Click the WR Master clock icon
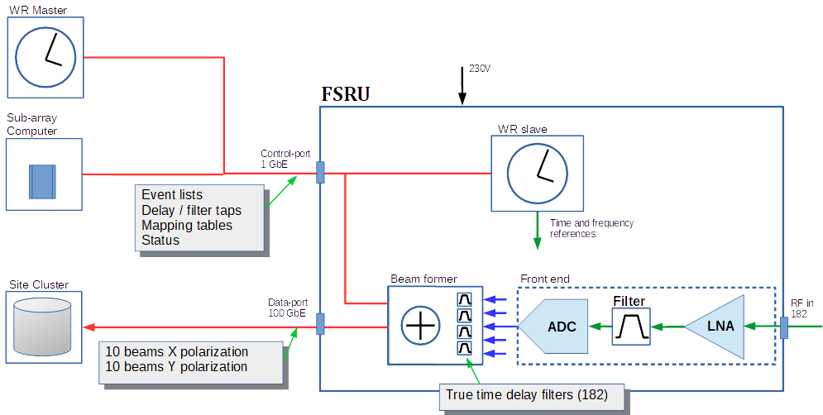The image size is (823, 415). [x=46, y=51]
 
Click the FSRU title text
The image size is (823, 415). [x=345, y=93]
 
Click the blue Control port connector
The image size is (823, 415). [x=321, y=173]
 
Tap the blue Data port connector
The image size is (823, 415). [x=321, y=324]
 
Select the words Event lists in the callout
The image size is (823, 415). [x=171, y=195]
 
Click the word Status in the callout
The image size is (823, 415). [x=160, y=240]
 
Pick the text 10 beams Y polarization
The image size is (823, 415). [x=176, y=366]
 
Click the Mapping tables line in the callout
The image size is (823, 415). [x=186, y=225]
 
